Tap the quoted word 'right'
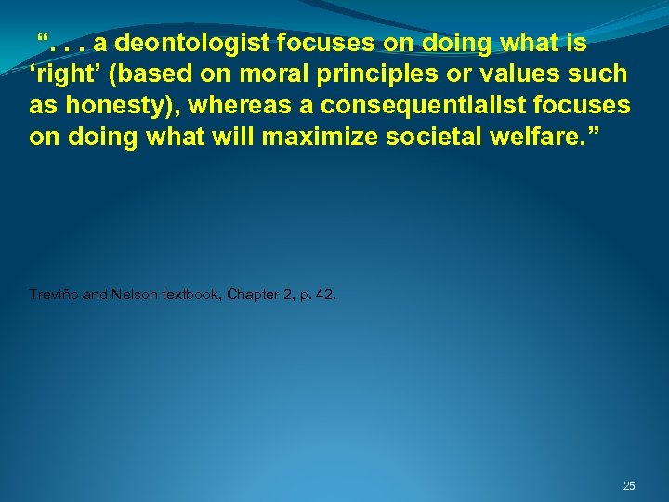pyautogui.click(x=62, y=73)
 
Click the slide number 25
pyautogui.click(x=629, y=486)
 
